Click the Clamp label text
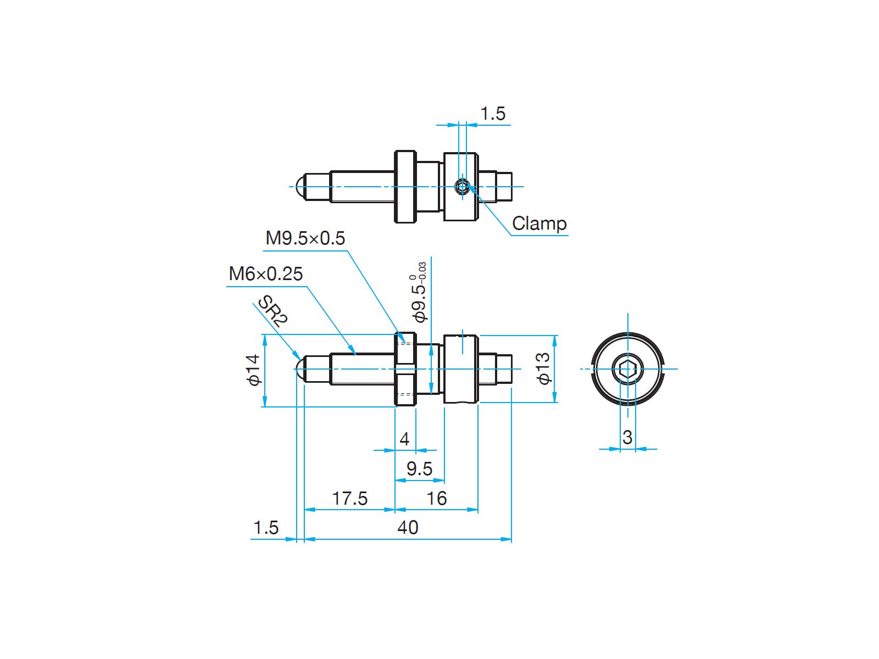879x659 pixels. tap(539, 224)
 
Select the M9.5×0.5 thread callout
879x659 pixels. tap(305, 238)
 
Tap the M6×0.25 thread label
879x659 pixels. tap(265, 274)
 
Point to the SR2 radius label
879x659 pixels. tap(272, 311)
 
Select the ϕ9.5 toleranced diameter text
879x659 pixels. tap(419, 292)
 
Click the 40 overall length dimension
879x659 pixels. tap(408, 527)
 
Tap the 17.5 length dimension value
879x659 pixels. tap(349, 499)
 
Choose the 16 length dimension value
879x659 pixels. tap(437, 499)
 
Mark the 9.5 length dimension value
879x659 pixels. tap(419, 468)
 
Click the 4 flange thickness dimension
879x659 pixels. tap(404, 439)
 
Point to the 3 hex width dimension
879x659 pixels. tap(627, 437)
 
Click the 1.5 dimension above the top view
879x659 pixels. tap(493, 114)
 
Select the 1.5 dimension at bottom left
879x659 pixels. tap(265, 527)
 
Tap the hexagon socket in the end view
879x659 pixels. tap(627, 368)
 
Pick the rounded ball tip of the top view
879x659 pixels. tap(300, 187)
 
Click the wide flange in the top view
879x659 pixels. tap(405, 187)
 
